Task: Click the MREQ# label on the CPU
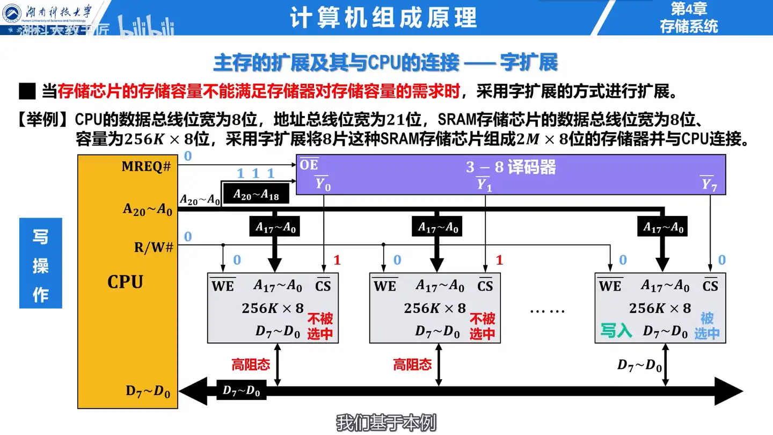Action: pos(146,166)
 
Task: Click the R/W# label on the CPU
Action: pos(154,248)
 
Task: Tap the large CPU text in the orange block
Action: pos(125,282)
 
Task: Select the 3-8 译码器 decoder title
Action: pos(511,167)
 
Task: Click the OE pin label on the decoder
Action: pos(309,165)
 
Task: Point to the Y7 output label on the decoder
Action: pos(709,185)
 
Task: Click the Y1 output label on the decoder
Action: pos(484,185)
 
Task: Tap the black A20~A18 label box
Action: pos(256,195)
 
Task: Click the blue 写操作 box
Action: pos(41,263)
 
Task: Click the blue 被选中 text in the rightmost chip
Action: pos(707,325)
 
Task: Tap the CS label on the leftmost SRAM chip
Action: pos(323,286)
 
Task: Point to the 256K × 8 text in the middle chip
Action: pos(435,308)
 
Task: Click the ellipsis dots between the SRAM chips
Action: pos(547,310)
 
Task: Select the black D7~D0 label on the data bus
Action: pos(241,390)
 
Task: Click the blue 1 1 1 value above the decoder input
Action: pos(256,173)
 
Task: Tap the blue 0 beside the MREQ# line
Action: pos(187,156)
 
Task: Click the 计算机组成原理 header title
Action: pos(383,18)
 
